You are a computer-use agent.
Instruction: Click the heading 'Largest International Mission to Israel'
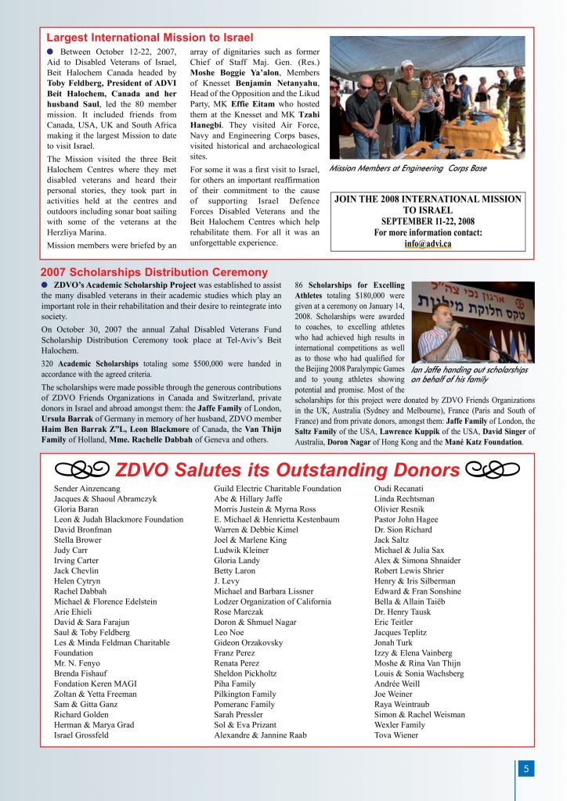pos(150,38)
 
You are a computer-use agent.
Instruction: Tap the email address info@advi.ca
pos(428,243)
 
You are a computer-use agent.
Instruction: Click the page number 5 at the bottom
pos(526,769)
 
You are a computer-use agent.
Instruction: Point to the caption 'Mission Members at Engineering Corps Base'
pos(407,168)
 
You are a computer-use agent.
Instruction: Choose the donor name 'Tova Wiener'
pos(396,735)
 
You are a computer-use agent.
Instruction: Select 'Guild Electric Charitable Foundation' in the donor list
pos(277,489)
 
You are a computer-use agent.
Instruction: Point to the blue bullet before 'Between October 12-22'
pos(50,52)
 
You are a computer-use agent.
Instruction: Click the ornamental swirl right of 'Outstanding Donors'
pos(493,469)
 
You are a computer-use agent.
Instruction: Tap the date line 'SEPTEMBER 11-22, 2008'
pos(428,221)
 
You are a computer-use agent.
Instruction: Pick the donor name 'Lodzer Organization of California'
pos(273,602)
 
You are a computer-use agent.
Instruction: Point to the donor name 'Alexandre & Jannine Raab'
pos(261,735)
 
